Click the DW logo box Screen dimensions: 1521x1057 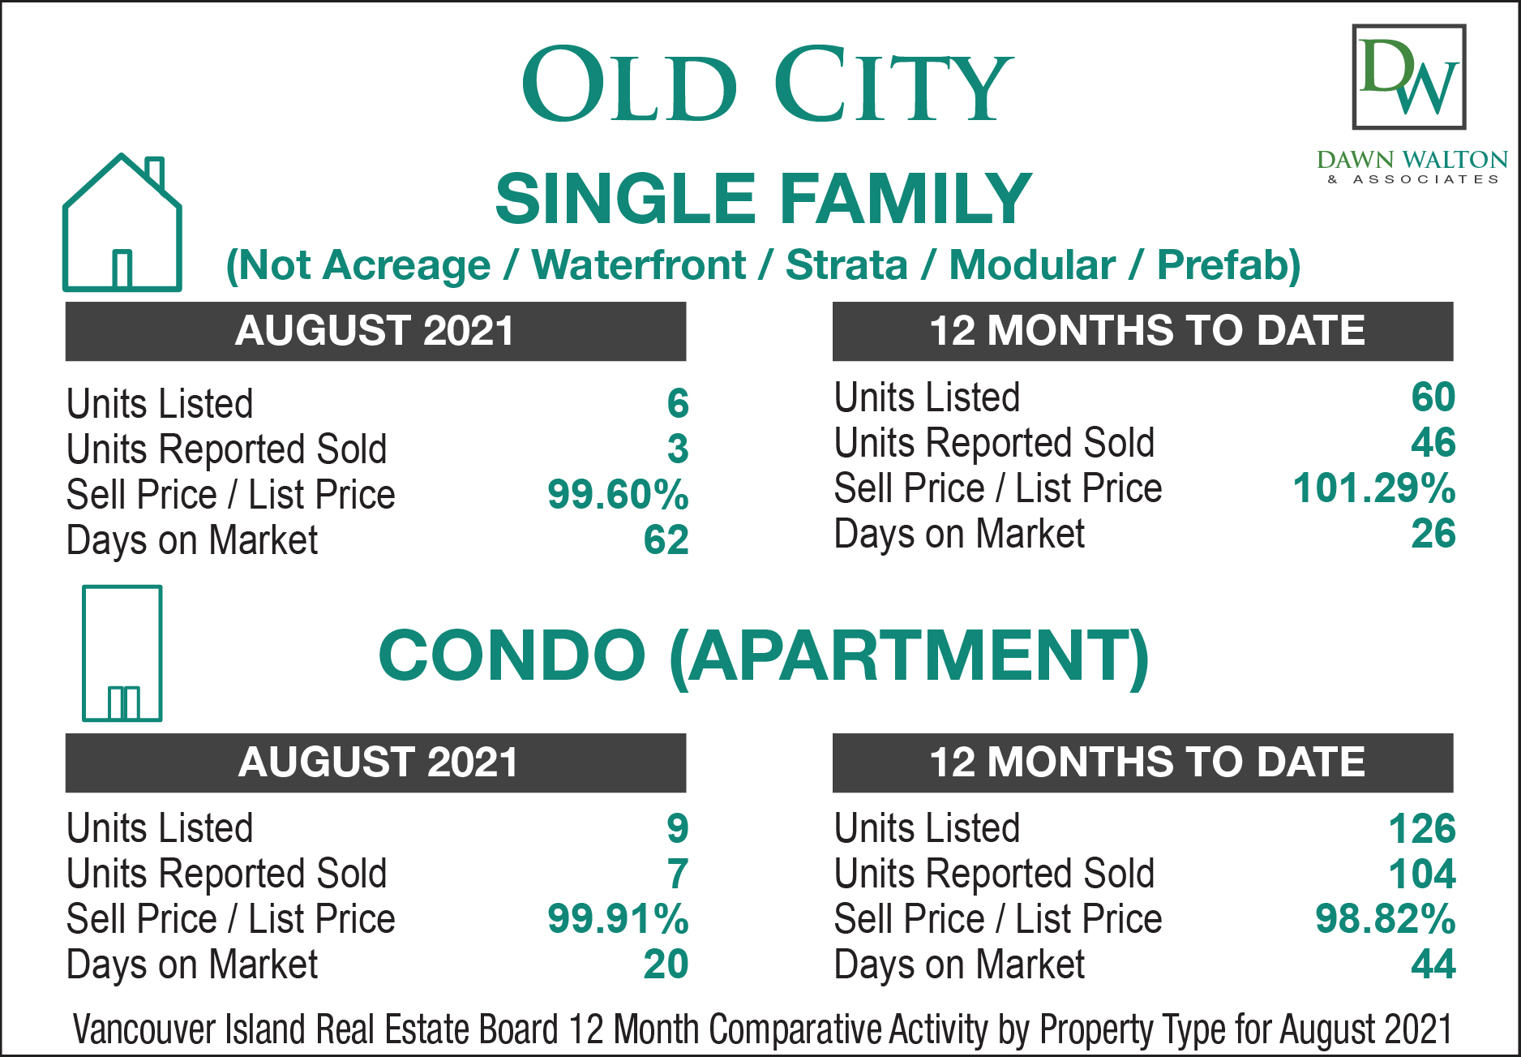(1409, 76)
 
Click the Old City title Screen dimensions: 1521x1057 (767, 84)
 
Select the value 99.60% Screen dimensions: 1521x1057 (618, 494)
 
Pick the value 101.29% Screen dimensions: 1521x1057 (1374, 488)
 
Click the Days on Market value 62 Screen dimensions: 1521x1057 (666, 539)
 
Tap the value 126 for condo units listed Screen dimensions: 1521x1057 (1422, 828)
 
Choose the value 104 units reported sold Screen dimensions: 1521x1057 (1422, 874)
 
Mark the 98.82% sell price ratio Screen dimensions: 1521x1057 (1386, 919)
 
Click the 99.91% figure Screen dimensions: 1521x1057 (618, 919)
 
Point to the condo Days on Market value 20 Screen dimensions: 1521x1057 (666, 965)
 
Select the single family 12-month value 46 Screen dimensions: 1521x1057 (1433, 442)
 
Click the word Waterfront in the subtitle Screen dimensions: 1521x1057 (638, 265)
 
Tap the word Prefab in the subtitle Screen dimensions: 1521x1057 (1228, 265)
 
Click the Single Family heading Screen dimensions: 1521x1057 (763, 199)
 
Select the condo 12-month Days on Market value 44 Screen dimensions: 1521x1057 (1433, 965)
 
